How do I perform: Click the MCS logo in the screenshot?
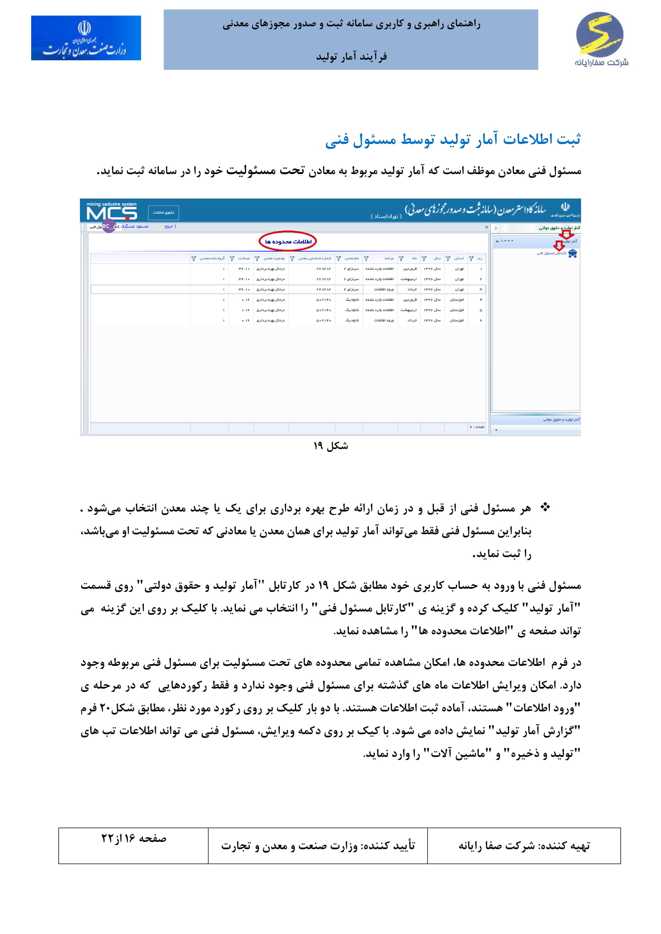tap(111, 211)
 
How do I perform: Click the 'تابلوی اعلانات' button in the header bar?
tap(163, 212)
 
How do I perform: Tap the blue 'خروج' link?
tap(169, 226)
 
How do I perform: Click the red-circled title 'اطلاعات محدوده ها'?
tap(288, 242)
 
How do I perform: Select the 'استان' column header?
tap(459, 258)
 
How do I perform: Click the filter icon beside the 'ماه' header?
tap(401, 258)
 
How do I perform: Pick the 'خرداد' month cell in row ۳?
tap(412, 289)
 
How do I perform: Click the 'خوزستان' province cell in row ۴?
tap(457, 300)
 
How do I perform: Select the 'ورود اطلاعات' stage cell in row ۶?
tap(384, 321)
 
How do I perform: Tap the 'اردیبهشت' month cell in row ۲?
tap(409, 279)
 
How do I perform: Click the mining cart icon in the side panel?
tap(573, 254)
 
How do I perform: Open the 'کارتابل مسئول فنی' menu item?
tap(551, 254)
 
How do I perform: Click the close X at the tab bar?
tap(486, 227)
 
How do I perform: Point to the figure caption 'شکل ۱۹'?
tap(330, 446)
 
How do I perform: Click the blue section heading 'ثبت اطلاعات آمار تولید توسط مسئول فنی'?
tap(453, 139)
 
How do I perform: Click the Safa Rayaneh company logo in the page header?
tap(601, 39)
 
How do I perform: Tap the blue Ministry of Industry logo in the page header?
tap(86, 38)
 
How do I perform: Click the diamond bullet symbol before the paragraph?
tap(545, 507)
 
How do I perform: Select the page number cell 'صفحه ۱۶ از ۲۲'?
tap(133, 839)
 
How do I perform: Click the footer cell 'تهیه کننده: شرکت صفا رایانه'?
tap(524, 846)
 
